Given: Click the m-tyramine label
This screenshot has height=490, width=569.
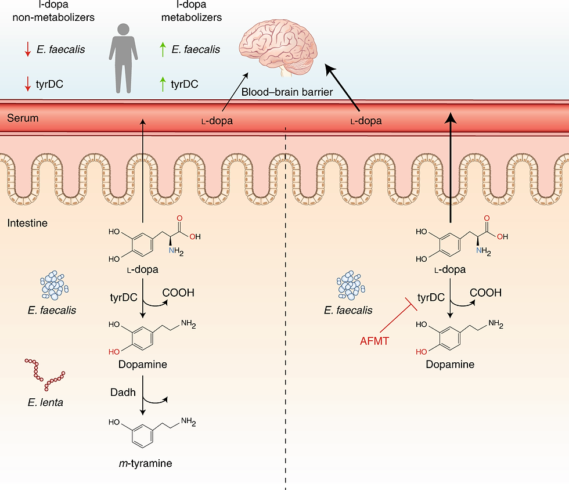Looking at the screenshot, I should coord(143,463).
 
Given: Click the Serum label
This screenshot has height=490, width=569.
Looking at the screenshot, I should coord(23,118).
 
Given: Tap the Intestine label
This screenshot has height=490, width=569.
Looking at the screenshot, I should coord(27,222).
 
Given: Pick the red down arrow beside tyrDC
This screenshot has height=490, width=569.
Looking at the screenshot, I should coord(27,85).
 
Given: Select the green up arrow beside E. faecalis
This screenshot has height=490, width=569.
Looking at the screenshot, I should coord(163,50).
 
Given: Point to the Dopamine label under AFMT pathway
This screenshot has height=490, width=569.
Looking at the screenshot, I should coord(450,365).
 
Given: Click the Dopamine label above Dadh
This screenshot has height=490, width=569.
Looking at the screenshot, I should coord(143,365).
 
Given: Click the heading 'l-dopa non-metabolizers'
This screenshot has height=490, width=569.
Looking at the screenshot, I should coord(53,11).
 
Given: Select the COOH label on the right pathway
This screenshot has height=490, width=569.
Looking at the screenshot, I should coord(485,293).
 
